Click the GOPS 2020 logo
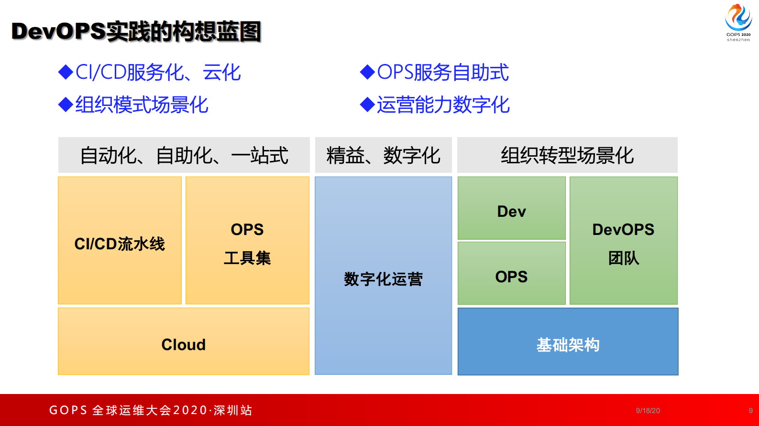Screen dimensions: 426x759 (x=738, y=22)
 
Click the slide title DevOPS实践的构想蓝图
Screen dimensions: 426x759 (x=136, y=32)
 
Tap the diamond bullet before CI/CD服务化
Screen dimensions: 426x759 (x=66, y=73)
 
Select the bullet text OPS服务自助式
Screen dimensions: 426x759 (x=442, y=73)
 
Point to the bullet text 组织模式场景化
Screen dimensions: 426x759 (x=142, y=105)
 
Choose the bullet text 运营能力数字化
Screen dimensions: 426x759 (x=443, y=105)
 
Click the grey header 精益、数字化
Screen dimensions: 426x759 (x=383, y=156)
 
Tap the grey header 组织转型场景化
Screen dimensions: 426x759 (x=567, y=156)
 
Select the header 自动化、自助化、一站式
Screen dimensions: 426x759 (x=184, y=156)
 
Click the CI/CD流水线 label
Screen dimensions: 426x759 (x=120, y=244)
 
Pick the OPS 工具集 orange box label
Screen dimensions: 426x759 (x=247, y=244)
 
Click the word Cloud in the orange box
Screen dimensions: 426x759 (x=184, y=345)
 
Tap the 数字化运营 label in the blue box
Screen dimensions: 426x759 (x=383, y=279)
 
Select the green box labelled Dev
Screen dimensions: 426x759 (x=511, y=212)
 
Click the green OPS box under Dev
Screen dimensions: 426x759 (x=511, y=277)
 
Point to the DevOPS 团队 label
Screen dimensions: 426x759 (x=623, y=244)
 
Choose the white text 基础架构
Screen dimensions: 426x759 (x=568, y=345)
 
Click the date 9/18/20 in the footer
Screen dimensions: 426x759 (x=648, y=411)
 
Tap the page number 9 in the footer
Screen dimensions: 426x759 (x=750, y=411)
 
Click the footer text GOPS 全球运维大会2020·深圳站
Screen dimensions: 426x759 (x=151, y=410)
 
